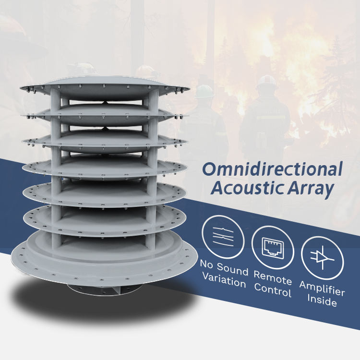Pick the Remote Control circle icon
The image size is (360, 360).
pyautogui.click(x=273, y=247)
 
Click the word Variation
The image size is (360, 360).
pyautogui.click(x=224, y=282)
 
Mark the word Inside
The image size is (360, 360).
pyautogui.click(x=322, y=302)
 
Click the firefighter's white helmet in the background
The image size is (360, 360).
pyautogui.click(x=266, y=81)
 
